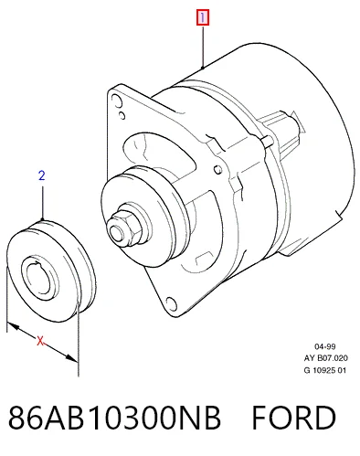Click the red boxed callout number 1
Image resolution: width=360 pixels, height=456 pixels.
(x=203, y=17)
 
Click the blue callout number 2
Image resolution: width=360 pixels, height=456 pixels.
(x=42, y=175)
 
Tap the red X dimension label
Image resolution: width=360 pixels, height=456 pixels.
(x=40, y=341)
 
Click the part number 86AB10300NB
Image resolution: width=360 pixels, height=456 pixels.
(x=114, y=418)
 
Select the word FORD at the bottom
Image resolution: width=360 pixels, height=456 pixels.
(x=294, y=418)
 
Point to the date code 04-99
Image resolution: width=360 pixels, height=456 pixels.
(x=325, y=346)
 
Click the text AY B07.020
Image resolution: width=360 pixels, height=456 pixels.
(x=325, y=358)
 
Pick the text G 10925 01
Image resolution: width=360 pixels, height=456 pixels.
(x=325, y=370)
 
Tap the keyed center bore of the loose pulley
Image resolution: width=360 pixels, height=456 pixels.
(x=40, y=278)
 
